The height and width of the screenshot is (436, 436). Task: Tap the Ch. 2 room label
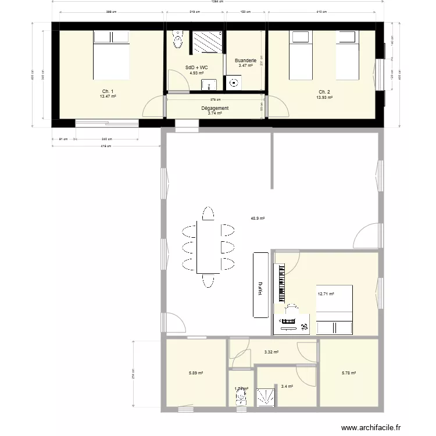point(324,92)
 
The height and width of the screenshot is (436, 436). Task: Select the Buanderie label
point(245,60)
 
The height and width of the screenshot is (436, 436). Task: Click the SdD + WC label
point(196,67)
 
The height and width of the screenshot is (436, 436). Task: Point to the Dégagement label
point(215,108)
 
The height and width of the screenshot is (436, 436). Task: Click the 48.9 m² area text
point(258,219)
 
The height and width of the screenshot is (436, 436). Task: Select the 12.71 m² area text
point(326,294)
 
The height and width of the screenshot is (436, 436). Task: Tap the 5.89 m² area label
point(195,373)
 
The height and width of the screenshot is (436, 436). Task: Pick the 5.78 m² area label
point(349,373)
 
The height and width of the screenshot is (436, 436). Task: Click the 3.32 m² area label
point(271,352)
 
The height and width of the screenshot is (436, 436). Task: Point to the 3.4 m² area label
point(287,386)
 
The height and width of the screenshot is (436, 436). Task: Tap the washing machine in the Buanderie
point(235,83)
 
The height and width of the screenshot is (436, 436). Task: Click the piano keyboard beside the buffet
point(283,283)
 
